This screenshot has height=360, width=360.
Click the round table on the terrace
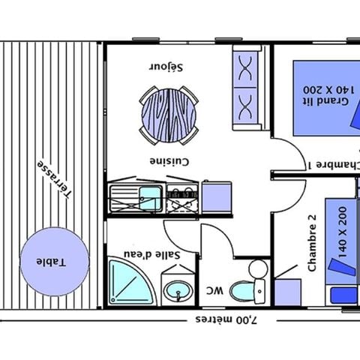point(53,262)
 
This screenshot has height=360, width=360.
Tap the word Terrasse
point(56,179)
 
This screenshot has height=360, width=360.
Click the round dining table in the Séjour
point(169,115)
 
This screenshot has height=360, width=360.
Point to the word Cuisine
point(169,161)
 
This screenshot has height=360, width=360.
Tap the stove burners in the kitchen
point(181,199)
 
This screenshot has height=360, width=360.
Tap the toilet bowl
point(242,290)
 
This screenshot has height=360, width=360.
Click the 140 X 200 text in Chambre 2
point(343,232)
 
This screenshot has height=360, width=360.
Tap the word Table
point(54,262)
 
